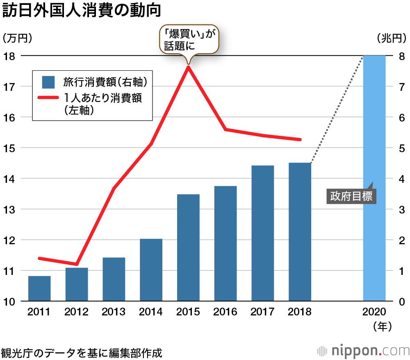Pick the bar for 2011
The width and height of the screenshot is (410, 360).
click(x=39, y=288)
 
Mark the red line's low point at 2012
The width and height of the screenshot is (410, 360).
click(x=77, y=264)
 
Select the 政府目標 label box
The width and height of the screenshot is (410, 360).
click(x=351, y=196)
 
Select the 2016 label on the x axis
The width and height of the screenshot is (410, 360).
click(x=225, y=312)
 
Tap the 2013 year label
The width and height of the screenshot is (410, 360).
click(x=114, y=312)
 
